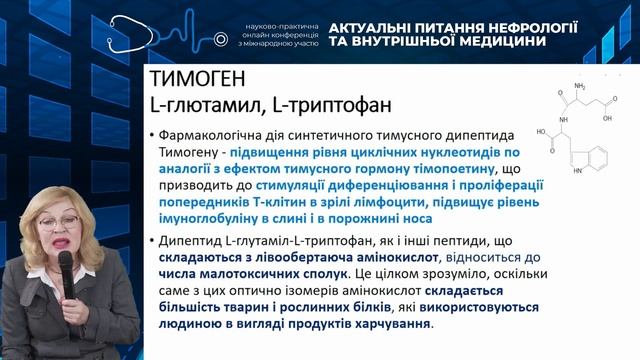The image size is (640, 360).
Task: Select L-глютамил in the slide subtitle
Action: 197,103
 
